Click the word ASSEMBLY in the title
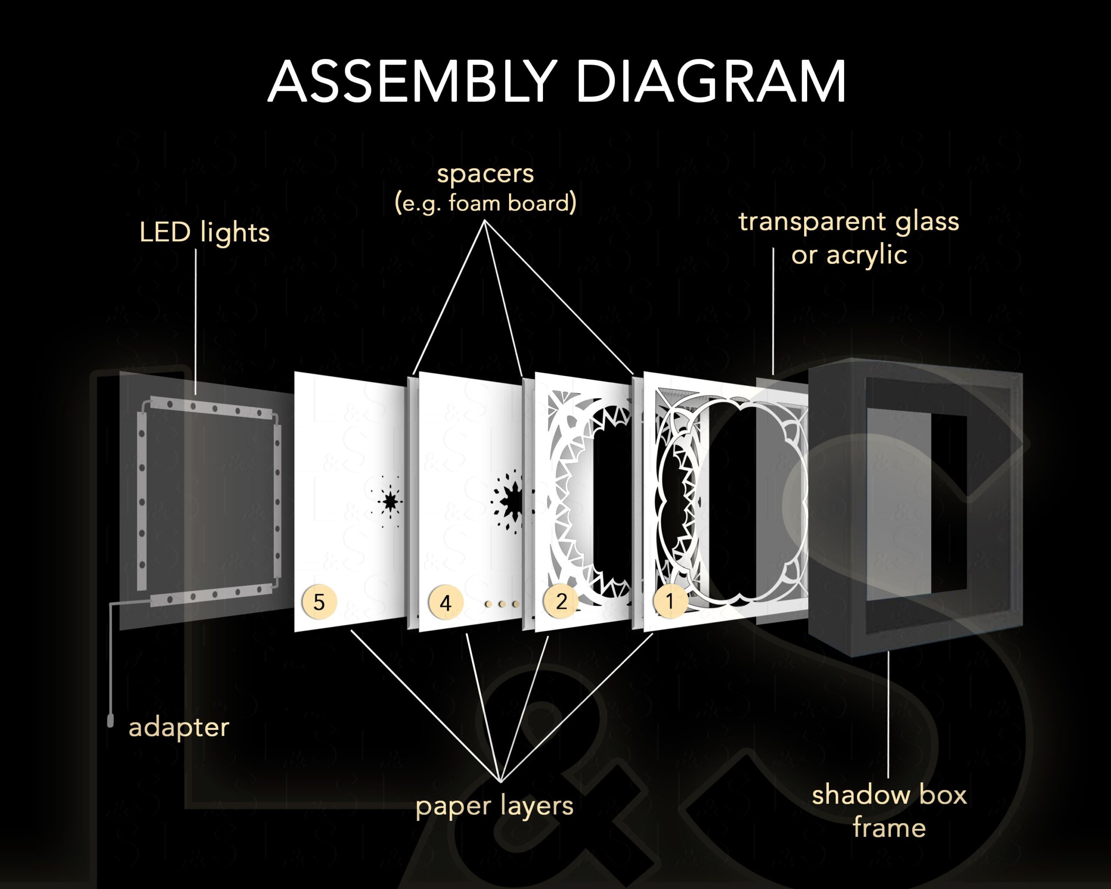click(x=412, y=82)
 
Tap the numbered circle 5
click(x=319, y=602)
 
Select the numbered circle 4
click(x=446, y=602)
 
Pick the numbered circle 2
click(x=561, y=601)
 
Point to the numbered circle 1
click(x=670, y=600)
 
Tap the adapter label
click(x=179, y=727)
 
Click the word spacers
click(x=486, y=174)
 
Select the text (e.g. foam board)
click(x=486, y=203)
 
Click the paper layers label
click(x=494, y=806)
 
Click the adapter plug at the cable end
click(x=110, y=720)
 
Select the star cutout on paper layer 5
click(x=390, y=501)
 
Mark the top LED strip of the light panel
click(x=211, y=407)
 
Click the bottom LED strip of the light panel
click(x=211, y=596)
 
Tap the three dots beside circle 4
click(x=501, y=604)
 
